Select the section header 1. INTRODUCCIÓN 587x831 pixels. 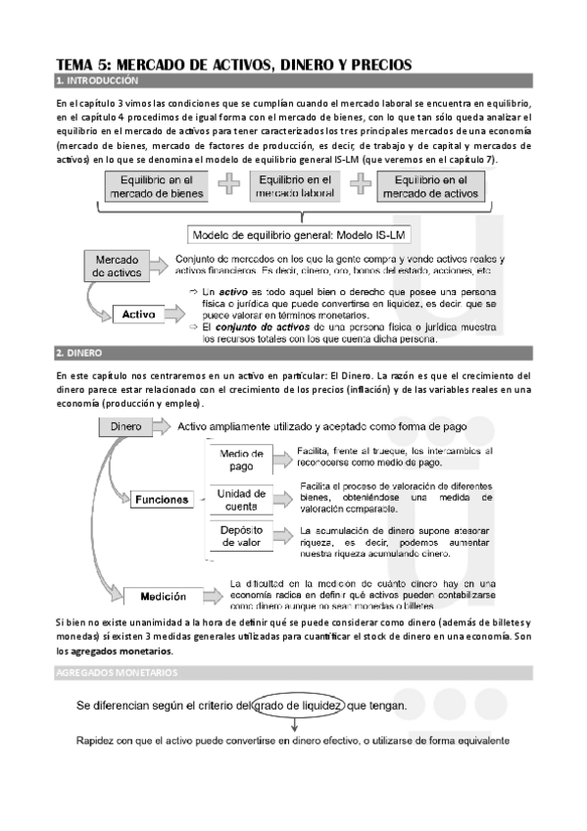98,80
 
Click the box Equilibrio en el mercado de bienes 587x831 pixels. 156,186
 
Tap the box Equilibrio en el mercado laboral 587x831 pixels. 294,186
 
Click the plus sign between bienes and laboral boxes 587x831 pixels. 227,185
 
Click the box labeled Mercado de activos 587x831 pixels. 118,267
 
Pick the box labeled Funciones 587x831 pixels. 163,499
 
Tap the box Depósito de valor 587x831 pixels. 240,539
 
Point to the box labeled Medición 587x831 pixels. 163,595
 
